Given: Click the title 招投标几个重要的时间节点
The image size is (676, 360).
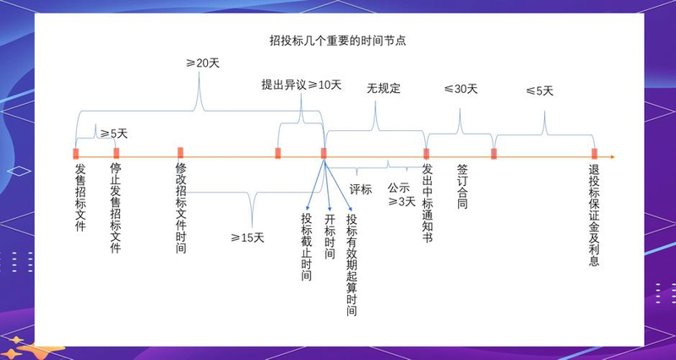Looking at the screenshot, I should click(x=338, y=40).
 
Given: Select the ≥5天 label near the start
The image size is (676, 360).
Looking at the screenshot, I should click(x=113, y=134).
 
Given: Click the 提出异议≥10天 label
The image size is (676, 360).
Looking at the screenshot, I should click(x=301, y=85).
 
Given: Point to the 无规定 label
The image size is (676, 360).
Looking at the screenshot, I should click(x=383, y=88).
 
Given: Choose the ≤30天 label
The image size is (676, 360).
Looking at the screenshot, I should click(x=461, y=89).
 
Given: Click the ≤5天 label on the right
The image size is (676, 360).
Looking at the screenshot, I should click(x=539, y=90).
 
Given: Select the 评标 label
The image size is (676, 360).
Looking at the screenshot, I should click(x=361, y=188).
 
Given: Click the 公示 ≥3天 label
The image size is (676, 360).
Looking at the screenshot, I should click(x=401, y=194).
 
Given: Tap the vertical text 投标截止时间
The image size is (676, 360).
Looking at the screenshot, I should click(x=306, y=246).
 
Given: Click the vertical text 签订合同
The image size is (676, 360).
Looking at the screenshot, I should click(x=461, y=186).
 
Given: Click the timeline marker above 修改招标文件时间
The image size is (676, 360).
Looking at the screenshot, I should click(x=180, y=153).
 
